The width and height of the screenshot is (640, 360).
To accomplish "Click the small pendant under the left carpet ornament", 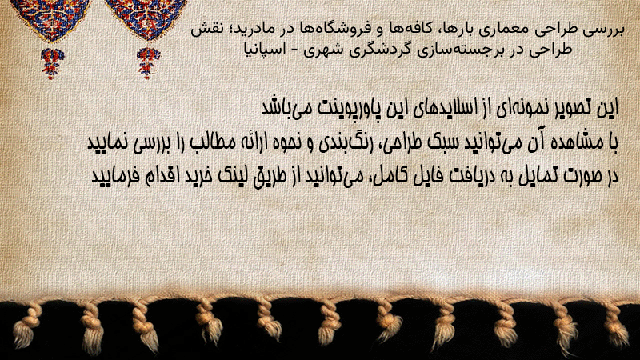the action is click(51, 63).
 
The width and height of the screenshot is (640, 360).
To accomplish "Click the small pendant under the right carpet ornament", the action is click(148, 63).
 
